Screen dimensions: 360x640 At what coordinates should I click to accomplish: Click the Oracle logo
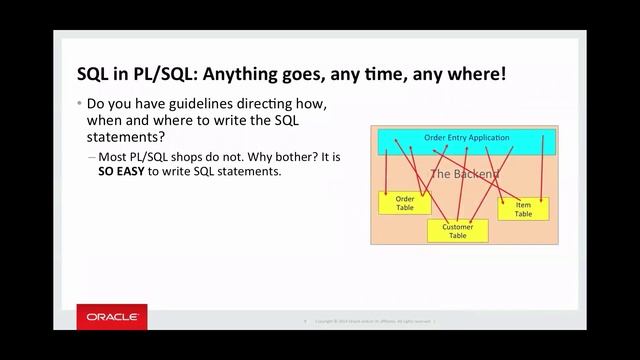click(113, 317)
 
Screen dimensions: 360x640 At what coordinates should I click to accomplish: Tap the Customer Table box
click(457, 231)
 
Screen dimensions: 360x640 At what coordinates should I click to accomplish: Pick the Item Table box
click(524, 208)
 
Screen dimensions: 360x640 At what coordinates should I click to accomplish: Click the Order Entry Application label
click(467, 138)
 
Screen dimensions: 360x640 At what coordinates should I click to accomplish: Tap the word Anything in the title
click(249, 75)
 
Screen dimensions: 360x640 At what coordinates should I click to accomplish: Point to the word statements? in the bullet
click(126, 136)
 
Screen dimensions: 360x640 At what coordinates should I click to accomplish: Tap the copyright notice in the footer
click(373, 321)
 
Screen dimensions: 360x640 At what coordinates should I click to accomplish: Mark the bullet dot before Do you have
click(80, 105)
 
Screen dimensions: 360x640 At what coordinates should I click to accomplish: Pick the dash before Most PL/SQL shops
click(93, 157)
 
